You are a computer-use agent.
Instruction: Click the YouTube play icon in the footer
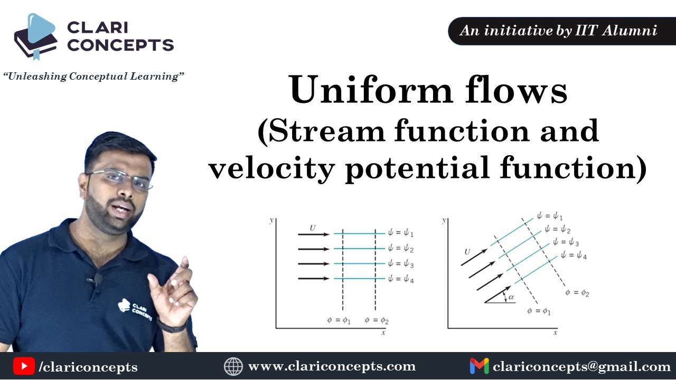tap(24, 366)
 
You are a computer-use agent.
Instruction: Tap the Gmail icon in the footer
tap(479, 366)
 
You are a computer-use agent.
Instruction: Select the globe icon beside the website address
tap(233, 366)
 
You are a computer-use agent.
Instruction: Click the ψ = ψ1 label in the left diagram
tap(400, 234)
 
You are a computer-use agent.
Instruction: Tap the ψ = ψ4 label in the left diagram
tap(400, 279)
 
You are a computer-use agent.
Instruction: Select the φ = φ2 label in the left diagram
tap(377, 320)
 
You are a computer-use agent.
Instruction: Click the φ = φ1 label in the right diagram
tap(539, 311)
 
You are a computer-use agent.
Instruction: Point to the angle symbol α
tap(511, 298)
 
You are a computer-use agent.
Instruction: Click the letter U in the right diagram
tap(467, 252)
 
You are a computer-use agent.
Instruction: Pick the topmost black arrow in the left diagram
tap(314, 234)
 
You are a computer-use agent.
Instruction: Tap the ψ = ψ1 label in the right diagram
tap(549, 216)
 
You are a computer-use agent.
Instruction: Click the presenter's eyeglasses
tap(120, 178)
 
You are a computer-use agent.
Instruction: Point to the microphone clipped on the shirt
tap(97, 278)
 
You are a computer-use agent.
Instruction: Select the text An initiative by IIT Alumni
tap(558, 31)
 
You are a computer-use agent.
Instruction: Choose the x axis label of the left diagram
tap(383, 332)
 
